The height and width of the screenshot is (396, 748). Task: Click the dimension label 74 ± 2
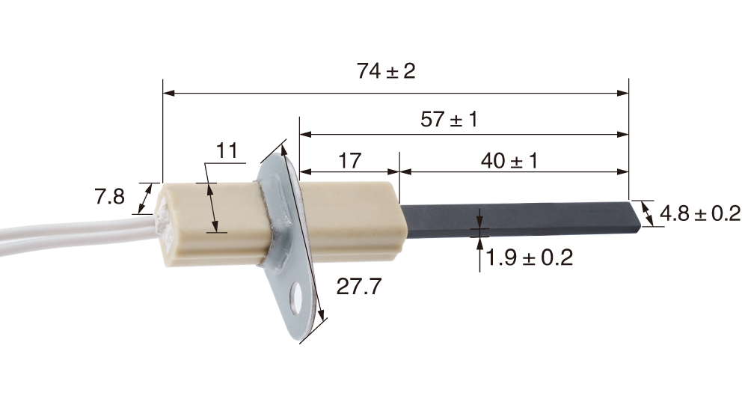(x=386, y=72)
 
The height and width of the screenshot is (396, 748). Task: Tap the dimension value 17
(x=349, y=160)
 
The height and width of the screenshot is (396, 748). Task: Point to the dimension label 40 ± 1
(x=509, y=160)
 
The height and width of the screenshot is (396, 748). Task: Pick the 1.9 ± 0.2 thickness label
(x=529, y=258)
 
